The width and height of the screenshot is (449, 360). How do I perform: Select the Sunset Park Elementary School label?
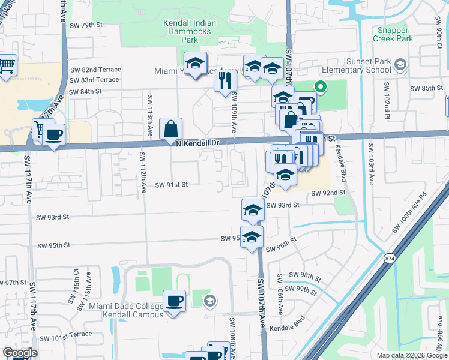[369, 65]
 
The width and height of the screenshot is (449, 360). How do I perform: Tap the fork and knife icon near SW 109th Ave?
[225, 79]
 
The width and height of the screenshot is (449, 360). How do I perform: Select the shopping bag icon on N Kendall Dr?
[171, 128]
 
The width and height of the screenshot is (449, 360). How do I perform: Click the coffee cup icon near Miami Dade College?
[175, 301]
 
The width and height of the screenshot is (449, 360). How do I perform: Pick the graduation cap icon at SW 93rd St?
[253, 210]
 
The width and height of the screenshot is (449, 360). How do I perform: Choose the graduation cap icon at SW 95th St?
[252, 237]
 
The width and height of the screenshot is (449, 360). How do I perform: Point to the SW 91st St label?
[172, 185]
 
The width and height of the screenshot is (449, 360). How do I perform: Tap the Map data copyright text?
[411, 355]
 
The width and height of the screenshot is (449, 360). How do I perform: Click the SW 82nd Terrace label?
[95, 70]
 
